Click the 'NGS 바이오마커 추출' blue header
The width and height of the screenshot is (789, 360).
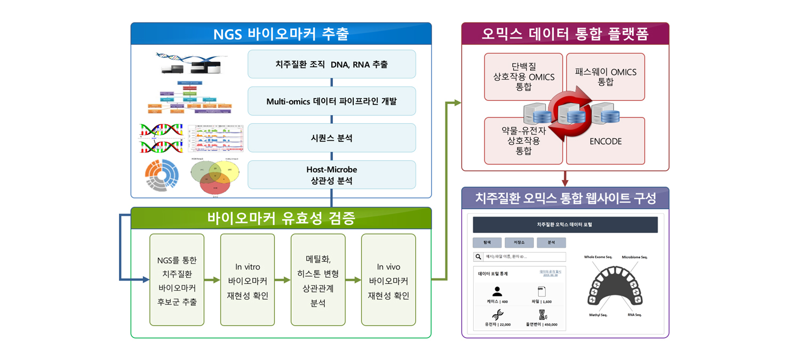pyautogui.click(x=281, y=34)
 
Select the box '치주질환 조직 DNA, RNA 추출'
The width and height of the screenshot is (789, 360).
pyautogui.click(x=331, y=65)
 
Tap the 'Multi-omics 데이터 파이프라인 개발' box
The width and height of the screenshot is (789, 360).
pyautogui.click(x=331, y=101)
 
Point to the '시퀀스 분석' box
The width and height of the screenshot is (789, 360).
pyautogui.click(x=331, y=138)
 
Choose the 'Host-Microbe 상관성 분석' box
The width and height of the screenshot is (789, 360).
pyautogui.click(x=331, y=175)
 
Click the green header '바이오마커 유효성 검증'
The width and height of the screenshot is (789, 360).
pyautogui.click(x=281, y=218)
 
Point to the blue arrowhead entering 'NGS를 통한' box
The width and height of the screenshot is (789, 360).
pyautogui.click(x=146, y=279)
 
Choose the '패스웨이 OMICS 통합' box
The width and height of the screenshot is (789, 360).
pyautogui.click(x=605, y=77)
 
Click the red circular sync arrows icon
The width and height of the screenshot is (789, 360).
pyautogui.click(x=569, y=115)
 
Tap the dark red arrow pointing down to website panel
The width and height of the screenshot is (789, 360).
pyautogui.click(x=565, y=181)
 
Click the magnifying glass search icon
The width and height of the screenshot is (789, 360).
pyautogui.click(x=478, y=257)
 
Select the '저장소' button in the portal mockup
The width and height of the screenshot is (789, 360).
pyautogui.click(x=519, y=243)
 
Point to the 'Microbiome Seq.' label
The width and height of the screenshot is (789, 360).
pyautogui.click(x=634, y=257)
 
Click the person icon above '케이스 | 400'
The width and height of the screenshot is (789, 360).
pyautogui.click(x=497, y=291)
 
